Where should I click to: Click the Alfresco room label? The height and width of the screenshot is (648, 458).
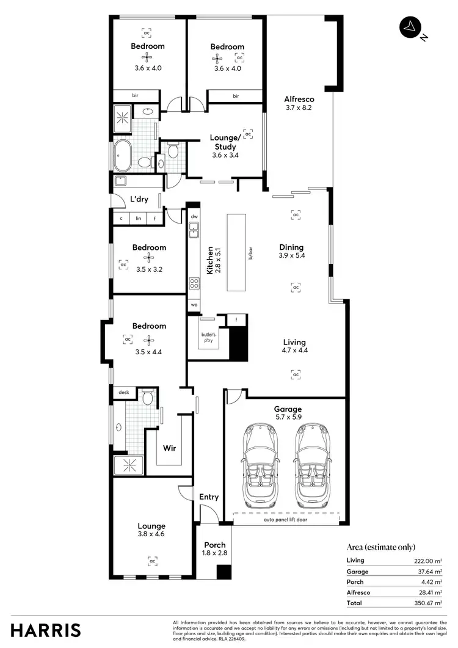pos(299,99)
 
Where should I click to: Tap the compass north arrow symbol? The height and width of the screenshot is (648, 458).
pos(409,26)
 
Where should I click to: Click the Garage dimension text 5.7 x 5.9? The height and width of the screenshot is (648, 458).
pos(288,418)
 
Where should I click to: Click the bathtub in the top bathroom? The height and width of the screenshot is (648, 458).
pos(121,156)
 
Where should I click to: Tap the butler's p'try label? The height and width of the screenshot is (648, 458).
pos(209,338)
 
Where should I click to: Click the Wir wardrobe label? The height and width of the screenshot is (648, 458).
pos(169,448)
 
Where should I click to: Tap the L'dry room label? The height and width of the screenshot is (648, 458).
pos(139,199)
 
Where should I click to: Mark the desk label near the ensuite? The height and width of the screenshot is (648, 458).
pos(123,393)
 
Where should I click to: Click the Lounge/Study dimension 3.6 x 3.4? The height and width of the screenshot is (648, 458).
pos(224,155)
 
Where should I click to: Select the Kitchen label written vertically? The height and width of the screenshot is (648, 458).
pos(210,260)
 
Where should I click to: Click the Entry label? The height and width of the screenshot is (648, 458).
pos(209,497)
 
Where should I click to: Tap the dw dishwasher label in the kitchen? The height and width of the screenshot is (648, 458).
pos(194,216)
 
